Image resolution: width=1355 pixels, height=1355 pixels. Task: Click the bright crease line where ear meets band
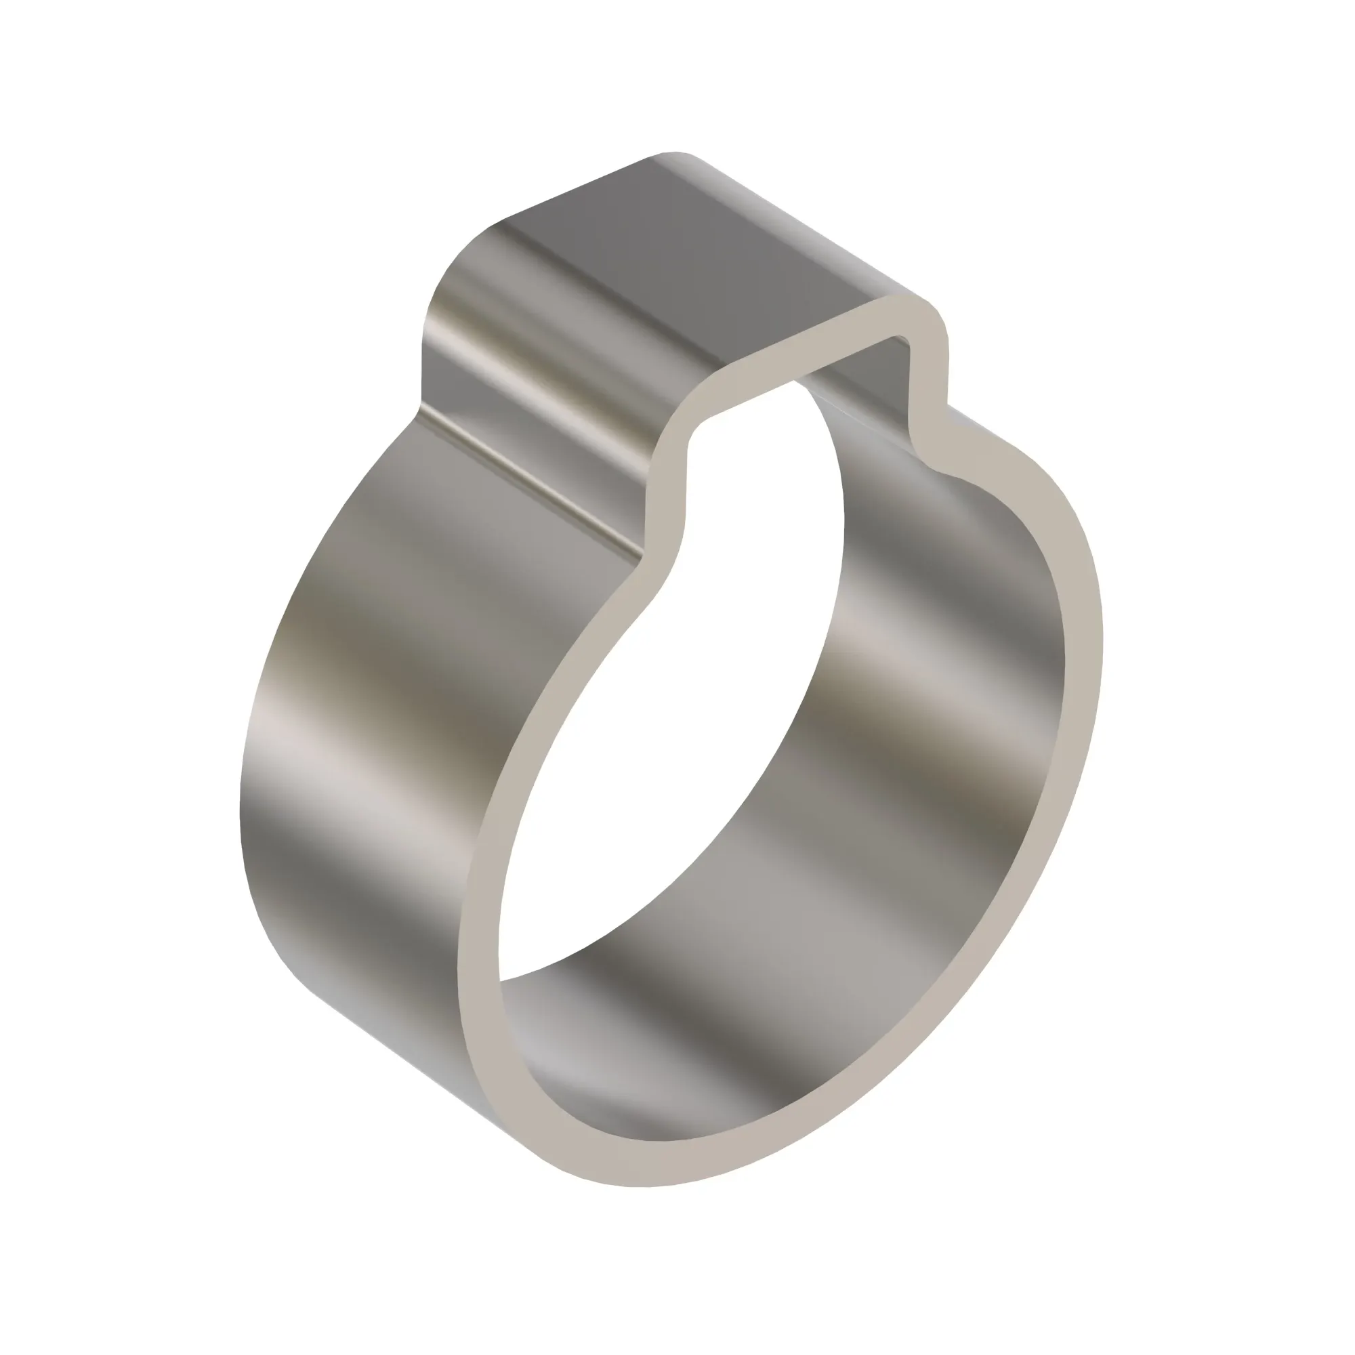pyautogui.click(x=533, y=484)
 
